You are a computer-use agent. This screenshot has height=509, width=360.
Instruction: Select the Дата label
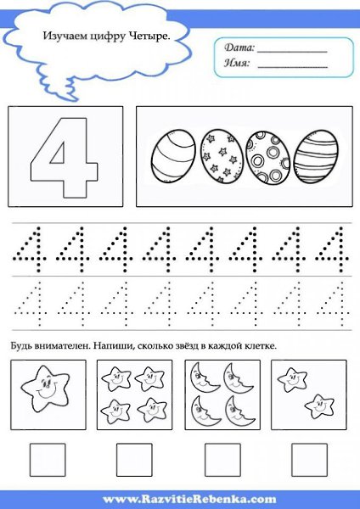tap(239, 48)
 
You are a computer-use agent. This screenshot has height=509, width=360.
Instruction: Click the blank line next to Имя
tap(292, 67)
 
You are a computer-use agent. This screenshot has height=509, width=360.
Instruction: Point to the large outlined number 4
tap(65, 158)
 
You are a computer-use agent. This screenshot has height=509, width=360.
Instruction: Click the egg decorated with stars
tap(219, 156)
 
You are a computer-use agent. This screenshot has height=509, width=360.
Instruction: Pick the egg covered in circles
tap(267, 157)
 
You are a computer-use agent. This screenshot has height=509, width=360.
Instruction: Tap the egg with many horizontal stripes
tap(316, 156)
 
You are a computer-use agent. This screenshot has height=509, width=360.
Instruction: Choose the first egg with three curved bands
tap(173, 156)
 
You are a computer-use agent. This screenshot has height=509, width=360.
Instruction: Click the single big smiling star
tap(46, 389)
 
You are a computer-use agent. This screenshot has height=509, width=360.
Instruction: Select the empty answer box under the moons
tap(222, 460)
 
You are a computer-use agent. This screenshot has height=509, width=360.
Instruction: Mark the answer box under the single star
tap(48, 460)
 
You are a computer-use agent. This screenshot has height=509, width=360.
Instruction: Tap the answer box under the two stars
tap(309, 460)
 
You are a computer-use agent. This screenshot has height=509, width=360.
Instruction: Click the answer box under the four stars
tap(134, 460)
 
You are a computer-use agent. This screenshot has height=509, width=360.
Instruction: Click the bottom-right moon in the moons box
tap(239, 411)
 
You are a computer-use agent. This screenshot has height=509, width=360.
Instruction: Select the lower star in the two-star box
tap(319, 406)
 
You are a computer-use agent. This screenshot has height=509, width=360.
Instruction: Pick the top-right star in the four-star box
tap(149, 378)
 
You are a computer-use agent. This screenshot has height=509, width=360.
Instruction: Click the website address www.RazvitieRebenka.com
tap(189, 499)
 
